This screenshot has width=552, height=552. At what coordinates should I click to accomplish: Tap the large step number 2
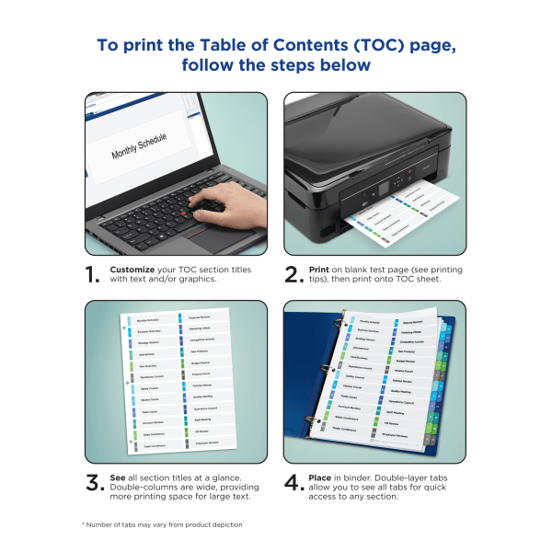pyautogui.click(x=292, y=275)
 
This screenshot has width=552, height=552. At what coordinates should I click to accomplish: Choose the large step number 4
pyautogui.click(x=292, y=483)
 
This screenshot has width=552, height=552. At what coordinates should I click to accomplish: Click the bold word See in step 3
pyautogui.click(x=118, y=477)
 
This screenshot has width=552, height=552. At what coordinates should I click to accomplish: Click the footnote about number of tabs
pyautogui.click(x=162, y=524)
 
